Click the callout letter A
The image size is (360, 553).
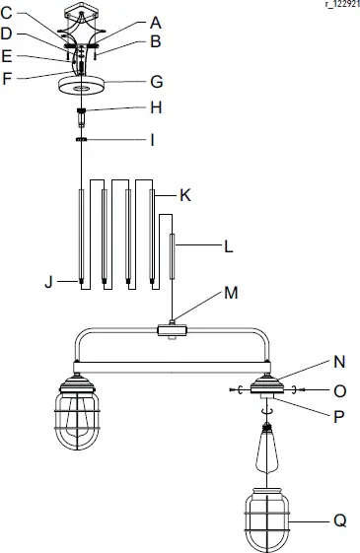click(x=155, y=22)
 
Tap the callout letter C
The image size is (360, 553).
click(x=7, y=12)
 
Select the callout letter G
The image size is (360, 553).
click(x=155, y=81)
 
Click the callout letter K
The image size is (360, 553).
click(x=184, y=196)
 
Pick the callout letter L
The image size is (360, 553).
click(x=228, y=247)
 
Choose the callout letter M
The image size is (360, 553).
click(x=231, y=293)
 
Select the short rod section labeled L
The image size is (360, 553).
click(x=173, y=256)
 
